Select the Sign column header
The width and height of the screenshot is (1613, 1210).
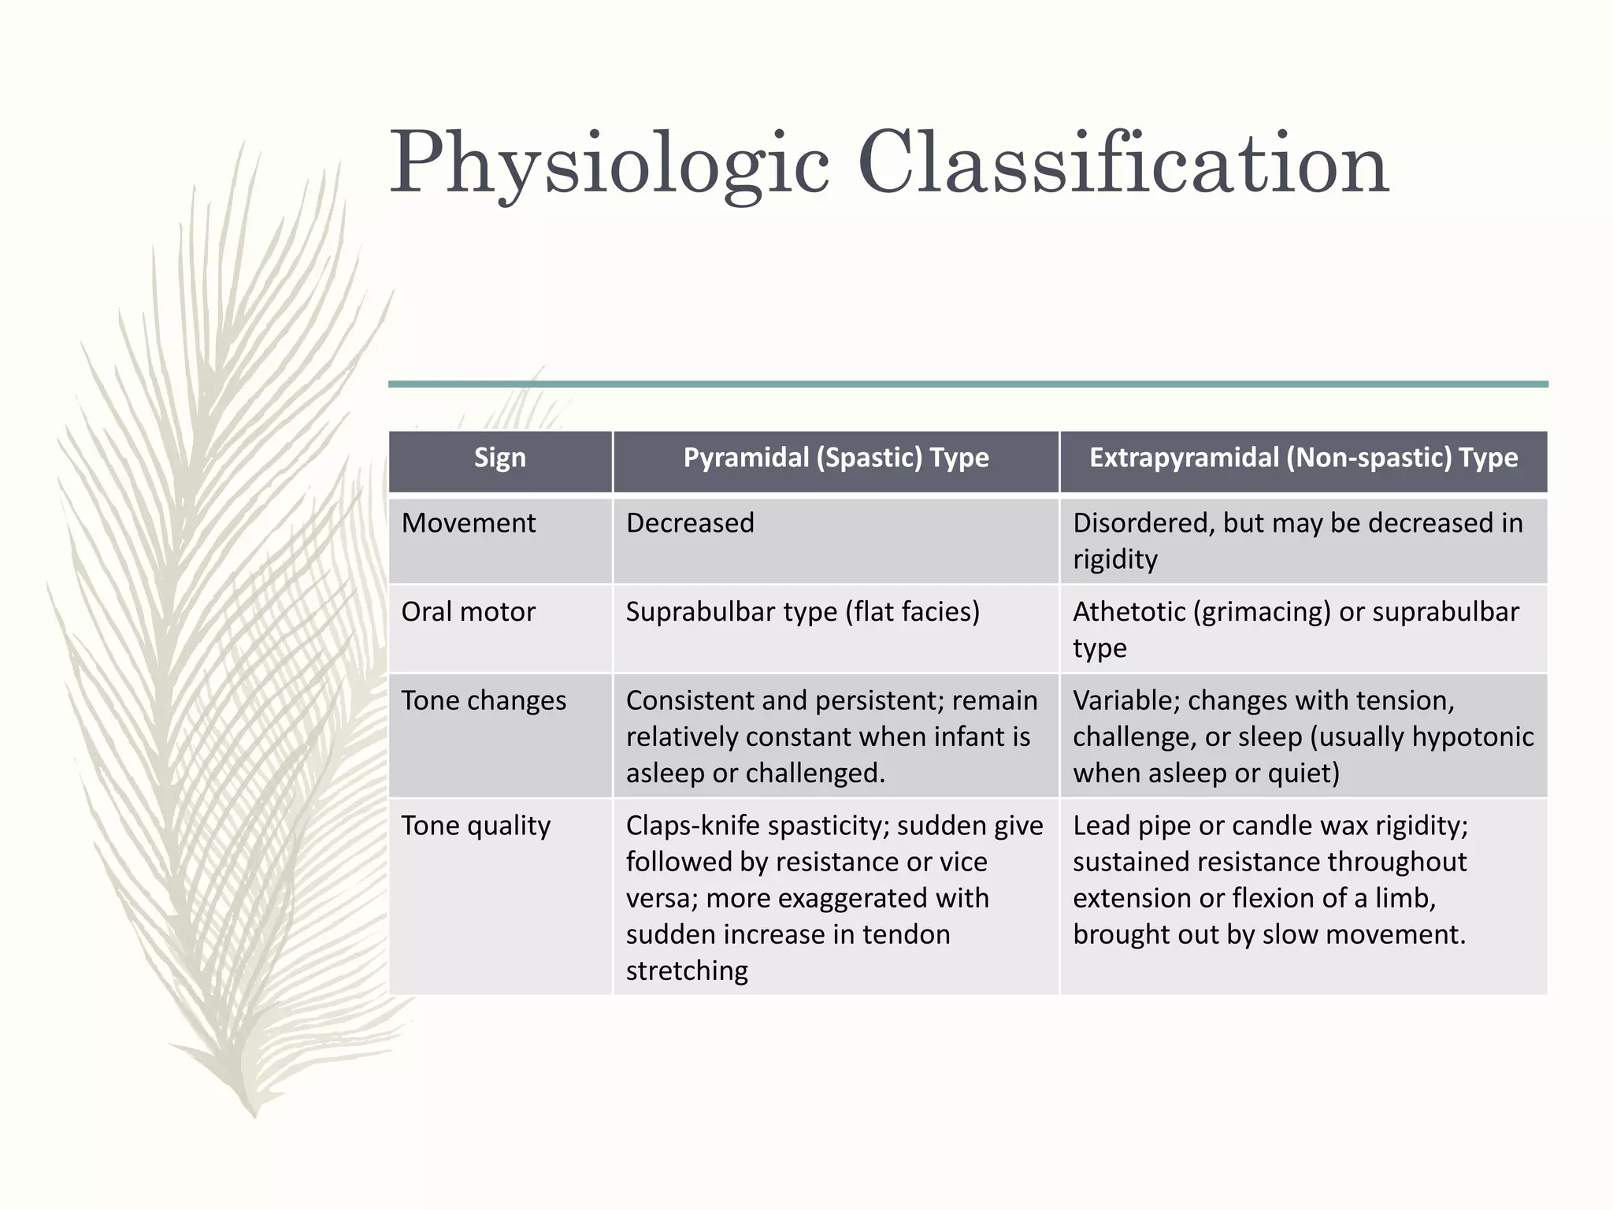point(499,458)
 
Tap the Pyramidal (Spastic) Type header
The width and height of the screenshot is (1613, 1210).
point(836,458)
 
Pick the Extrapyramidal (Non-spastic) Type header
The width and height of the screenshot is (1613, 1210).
point(1303,458)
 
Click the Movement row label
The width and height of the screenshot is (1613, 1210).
point(469,523)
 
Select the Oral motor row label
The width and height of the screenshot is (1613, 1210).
point(469,612)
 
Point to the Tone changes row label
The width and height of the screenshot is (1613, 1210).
point(484,701)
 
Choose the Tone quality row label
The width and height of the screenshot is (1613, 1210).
point(476,826)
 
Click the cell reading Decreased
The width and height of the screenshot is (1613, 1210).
point(690,523)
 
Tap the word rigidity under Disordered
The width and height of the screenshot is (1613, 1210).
point(1115,560)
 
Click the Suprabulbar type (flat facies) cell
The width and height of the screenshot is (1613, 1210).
point(803,612)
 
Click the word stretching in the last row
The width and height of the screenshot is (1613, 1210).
point(687,971)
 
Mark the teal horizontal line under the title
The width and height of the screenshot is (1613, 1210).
point(968,384)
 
